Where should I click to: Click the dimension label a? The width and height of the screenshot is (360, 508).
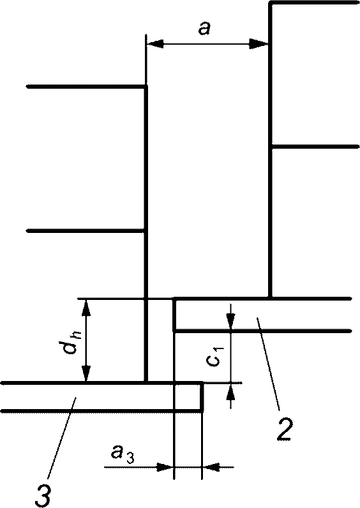pos(205,28)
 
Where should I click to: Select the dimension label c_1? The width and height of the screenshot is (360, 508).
pos(216,356)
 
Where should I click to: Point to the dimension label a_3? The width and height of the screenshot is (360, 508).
pos(122,454)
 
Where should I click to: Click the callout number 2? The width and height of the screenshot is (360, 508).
pos(284,429)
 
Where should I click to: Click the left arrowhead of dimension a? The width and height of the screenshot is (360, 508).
pos(155,43)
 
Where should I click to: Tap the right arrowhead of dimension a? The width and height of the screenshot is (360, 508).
pos(259,43)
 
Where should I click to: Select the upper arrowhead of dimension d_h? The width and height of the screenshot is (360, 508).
pos(86,308)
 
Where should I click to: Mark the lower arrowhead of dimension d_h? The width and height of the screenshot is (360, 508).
pos(86,373)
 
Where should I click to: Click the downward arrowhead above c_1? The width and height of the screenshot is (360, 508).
pos(230,321)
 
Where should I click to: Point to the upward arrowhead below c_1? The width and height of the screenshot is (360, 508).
pos(230,391)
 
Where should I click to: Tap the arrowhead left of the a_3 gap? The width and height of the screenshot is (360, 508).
pos(165,468)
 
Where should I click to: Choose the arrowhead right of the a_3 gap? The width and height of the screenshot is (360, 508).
pos(211,468)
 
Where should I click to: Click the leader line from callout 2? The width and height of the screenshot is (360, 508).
pos(268,362)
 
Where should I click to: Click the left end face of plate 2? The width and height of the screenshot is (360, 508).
pos(174,315)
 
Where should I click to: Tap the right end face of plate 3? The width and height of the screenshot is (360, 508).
pos(202,397)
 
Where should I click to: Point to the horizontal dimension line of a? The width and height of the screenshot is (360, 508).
pos(207,43)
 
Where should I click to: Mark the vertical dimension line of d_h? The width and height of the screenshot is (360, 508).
pos(86,341)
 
